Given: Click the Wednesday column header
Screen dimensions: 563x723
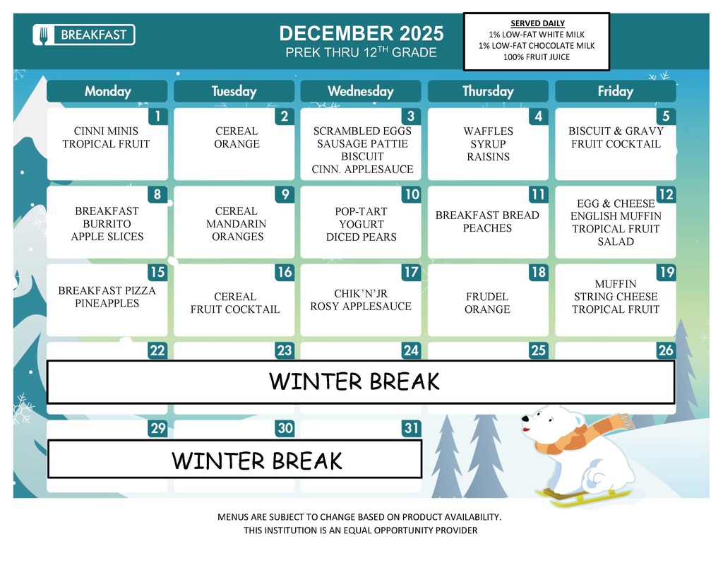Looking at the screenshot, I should point(361,91).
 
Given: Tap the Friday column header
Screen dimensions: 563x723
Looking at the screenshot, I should point(615,91).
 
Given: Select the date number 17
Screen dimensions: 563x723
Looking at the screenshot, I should point(410,273).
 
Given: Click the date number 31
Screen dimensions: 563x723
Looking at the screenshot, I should point(410,429).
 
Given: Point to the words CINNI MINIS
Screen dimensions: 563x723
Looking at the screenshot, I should point(106,131).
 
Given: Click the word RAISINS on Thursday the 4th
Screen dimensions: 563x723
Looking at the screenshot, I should point(488,157).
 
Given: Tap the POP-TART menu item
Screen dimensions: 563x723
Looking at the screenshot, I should point(361,211).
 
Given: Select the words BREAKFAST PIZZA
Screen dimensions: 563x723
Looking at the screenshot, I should point(107,290).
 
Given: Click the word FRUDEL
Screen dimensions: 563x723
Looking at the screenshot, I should point(487,297).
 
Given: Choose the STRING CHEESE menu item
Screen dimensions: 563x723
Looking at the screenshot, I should point(615,297).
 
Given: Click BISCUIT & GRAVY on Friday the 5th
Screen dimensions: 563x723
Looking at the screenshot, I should point(616,131).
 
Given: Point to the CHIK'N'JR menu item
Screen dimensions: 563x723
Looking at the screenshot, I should point(361,294).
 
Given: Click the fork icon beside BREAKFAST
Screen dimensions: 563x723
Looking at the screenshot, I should point(44,35).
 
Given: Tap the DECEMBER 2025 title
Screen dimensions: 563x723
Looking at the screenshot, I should point(361,33).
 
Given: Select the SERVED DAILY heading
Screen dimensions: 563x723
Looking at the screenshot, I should point(537,23).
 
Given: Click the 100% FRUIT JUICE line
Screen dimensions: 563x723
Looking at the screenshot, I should point(537,57).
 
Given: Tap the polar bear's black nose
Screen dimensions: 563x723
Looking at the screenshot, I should point(525,419).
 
